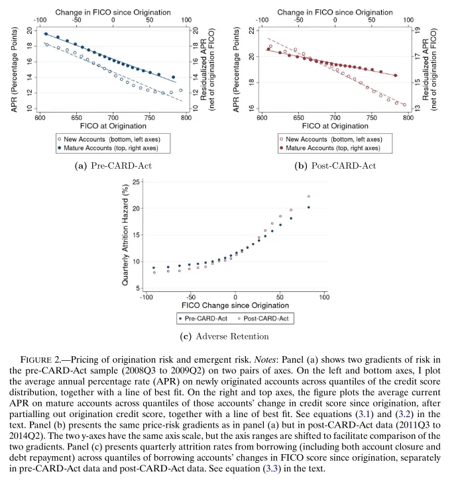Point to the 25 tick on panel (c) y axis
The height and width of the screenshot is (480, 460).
click(x=136, y=181)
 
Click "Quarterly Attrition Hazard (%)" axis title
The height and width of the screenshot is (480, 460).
click(x=125, y=235)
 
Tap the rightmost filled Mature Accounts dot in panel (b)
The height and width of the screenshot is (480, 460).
click(x=396, y=75)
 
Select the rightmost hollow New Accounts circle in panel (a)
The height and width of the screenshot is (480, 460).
click(x=180, y=91)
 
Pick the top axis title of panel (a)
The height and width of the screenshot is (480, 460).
click(x=113, y=12)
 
